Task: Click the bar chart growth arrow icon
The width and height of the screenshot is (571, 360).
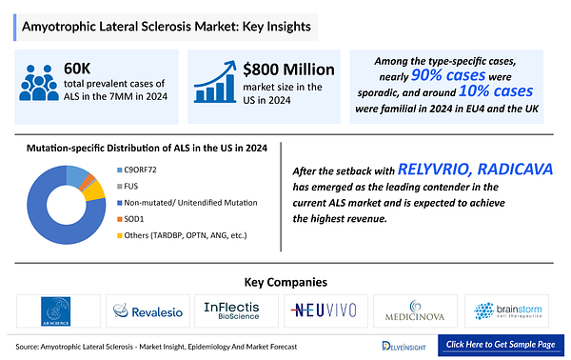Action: point(214,85)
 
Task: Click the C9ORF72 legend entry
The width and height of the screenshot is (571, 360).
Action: point(140,169)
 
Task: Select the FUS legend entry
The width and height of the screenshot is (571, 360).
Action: point(131,187)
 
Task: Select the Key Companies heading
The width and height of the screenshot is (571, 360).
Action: point(285,282)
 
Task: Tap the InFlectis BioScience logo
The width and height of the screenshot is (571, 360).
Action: point(239,310)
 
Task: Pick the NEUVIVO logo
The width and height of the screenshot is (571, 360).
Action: point(327,310)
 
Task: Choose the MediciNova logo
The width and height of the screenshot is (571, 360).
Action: point(420,310)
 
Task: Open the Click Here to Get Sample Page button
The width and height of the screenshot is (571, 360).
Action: point(501,345)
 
